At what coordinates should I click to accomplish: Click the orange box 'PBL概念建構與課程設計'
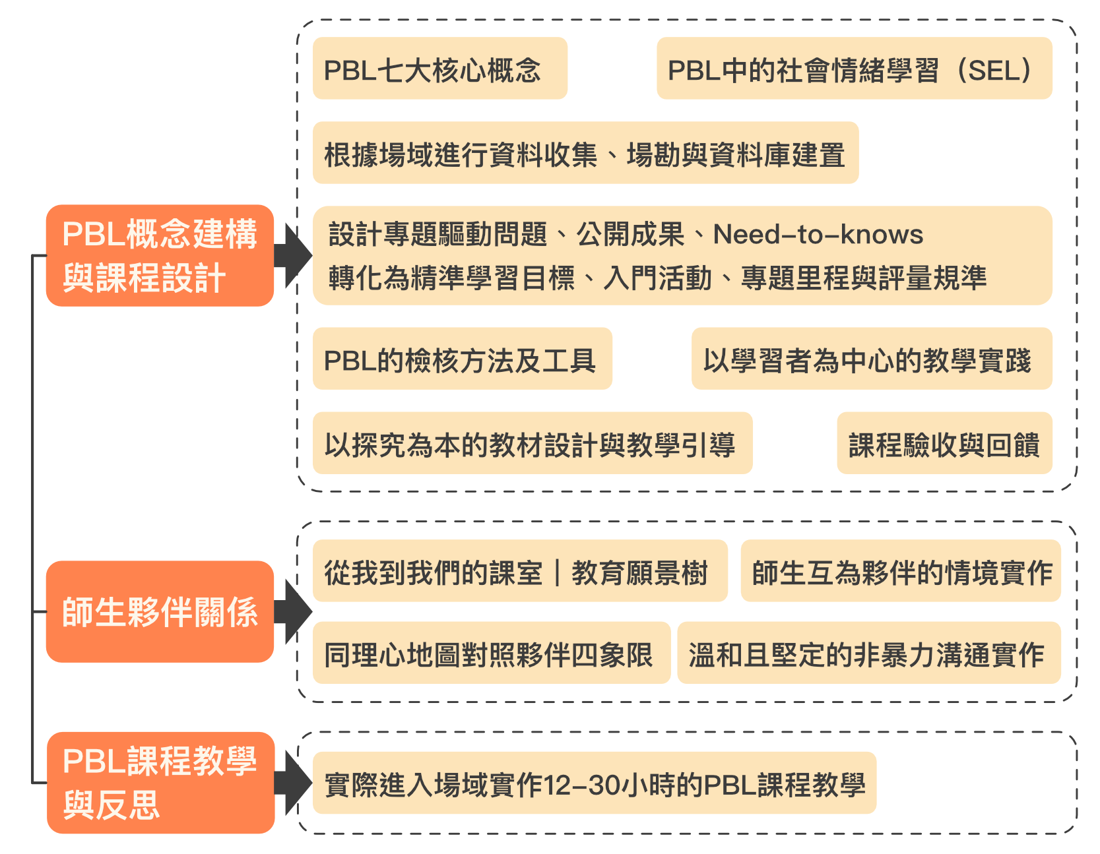pyautogui.click(x=160, y=256)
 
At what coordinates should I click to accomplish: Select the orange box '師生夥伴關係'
pyautogui.click(x=160, y=612)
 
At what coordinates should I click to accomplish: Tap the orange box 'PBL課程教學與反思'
pyautogui.click(x=160, y=783)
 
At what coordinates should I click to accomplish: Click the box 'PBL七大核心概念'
pyautogui.click(x=439, y=69)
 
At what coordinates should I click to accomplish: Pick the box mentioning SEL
pyautogui.click(x=854, y=69)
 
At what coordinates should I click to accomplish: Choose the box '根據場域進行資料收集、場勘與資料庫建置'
pyautogui.click(x=585, y=153)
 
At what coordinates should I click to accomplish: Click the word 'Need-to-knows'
pyautogui.click(x=818, y=235)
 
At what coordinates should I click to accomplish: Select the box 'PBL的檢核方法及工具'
pyautogui.click(x=462, y=359)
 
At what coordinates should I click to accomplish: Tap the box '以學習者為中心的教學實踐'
pyautogui.click(x=871, y=359)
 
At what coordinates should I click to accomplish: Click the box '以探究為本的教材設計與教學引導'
pyautogui.click(x=532, y=443)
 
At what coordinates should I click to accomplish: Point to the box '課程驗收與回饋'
pyautogui.click(x=944, y=443)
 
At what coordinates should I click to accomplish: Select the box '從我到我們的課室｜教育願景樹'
pyautogui.click(x=520, y=571)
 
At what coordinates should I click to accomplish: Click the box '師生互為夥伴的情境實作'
pyautogui.click(x=901, y=571)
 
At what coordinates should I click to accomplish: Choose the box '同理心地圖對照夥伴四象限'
pyautogui.click(x=491, y=653)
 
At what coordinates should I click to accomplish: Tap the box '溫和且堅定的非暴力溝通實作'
pyautogui.click(x=868, y=653)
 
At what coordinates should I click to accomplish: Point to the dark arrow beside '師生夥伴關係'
pyautogui.click(x=292, y=612)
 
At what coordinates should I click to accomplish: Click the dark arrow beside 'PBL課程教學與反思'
pyautogui.click(x=292, y=783)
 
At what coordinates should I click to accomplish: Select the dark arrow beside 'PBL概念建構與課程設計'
pyautogui.click(x=292, y=256)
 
